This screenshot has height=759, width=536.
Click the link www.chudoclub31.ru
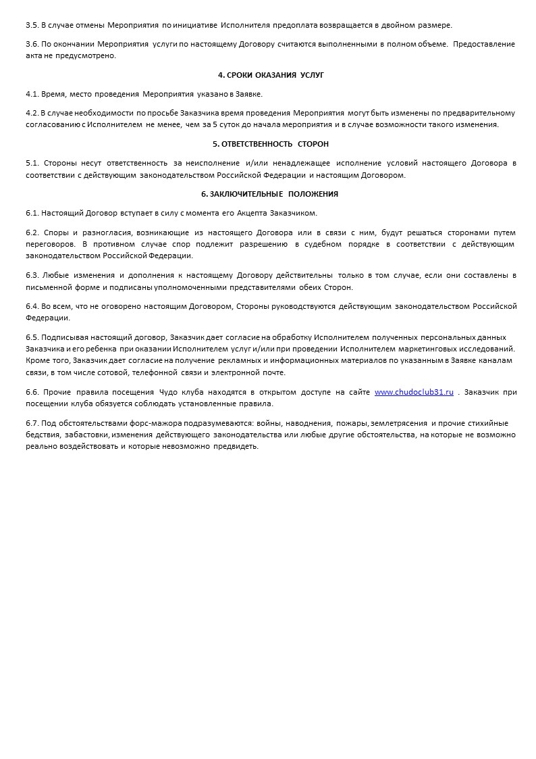click(x=414, y=392)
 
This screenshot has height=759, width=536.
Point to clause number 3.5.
click(x=32, y=25)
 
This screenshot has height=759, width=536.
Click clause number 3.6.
click(x=32, y=44)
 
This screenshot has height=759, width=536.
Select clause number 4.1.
click(x=32, y=94)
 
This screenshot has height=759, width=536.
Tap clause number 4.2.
click(x=32, y=113)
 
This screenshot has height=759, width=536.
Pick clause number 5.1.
click(x=32, y=163)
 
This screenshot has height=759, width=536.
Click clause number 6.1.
click(x=32, y=213)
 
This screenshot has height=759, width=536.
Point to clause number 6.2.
click(x=32, y=232)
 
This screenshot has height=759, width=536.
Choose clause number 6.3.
click(x=32, y=275)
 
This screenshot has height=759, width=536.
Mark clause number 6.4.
click(x=32, y=306)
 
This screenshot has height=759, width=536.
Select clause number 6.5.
click(x=32, y=337)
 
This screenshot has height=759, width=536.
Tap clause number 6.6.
click(x=32, y=392)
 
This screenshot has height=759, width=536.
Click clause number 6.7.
click(x=32, y=423)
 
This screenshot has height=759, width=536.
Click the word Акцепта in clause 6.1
click(x=252, y=213)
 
